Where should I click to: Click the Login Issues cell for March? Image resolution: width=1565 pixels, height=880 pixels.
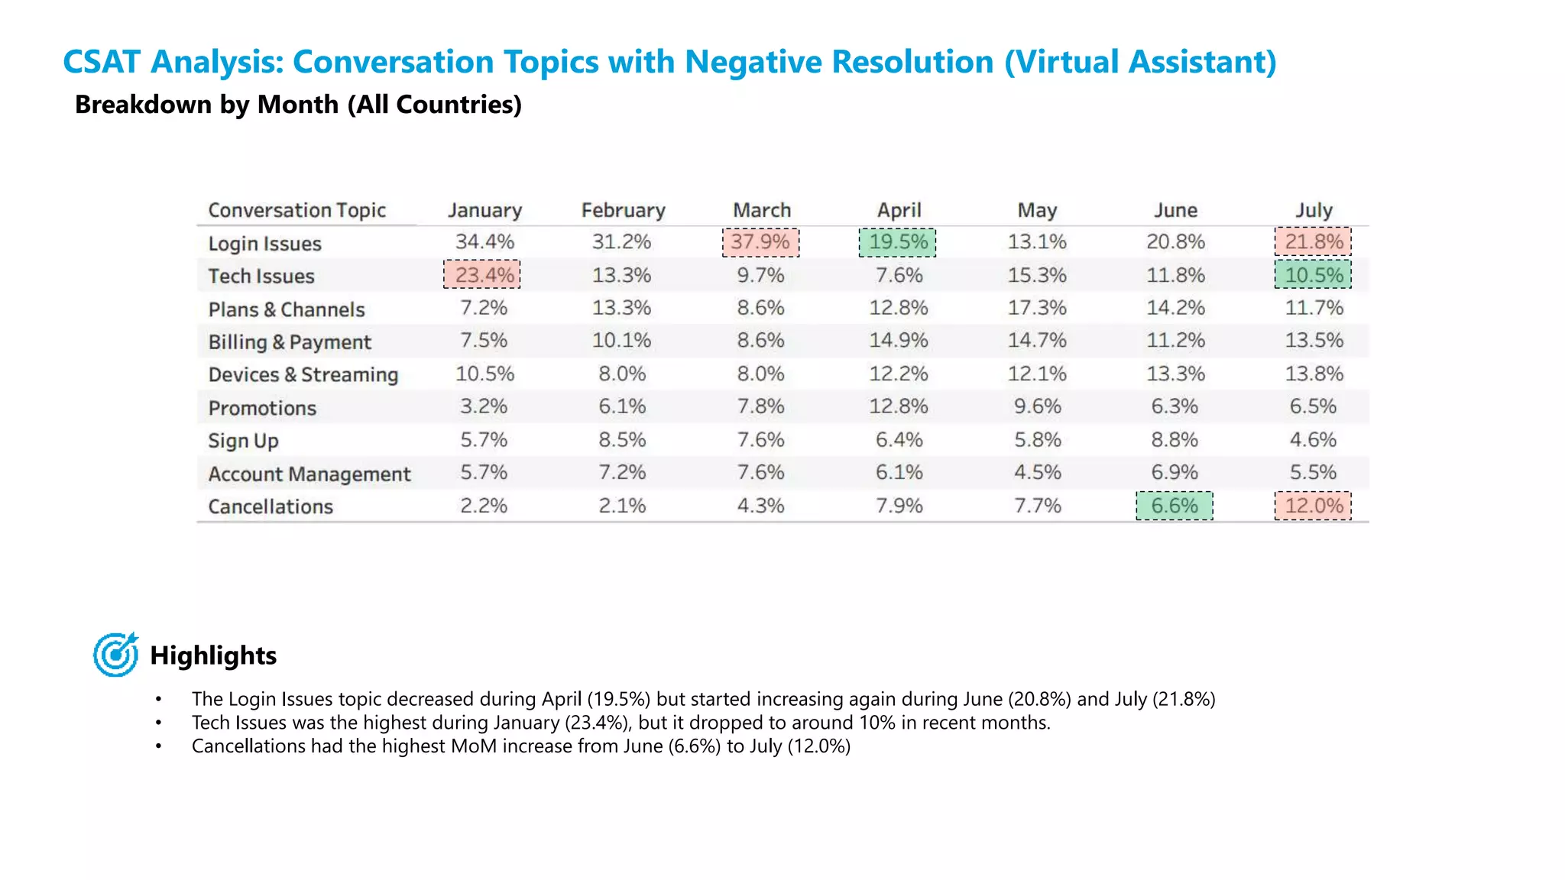point(760,242)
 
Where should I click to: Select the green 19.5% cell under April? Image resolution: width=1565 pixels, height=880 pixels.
point(898,242)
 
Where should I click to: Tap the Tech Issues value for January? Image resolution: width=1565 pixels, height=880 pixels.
point(483,275)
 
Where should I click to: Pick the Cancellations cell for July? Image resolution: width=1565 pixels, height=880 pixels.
point(1313,506)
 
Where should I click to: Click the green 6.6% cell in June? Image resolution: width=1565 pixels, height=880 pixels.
point(1175,506)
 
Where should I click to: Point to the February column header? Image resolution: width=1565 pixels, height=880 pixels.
point(623,210)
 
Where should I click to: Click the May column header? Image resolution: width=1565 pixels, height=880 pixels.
point(1037,210)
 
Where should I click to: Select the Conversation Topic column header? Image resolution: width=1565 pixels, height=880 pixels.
point(296,210)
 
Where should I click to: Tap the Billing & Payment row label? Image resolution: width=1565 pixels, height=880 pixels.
point(290,341)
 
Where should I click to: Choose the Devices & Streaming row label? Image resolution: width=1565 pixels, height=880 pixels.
point(303,374)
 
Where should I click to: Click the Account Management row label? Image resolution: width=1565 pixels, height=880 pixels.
point(309,474)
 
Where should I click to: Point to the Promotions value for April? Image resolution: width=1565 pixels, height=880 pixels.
point(898,406)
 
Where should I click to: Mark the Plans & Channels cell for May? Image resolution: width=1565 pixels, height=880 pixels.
point(1037,308)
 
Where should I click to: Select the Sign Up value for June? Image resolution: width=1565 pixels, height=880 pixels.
point(1175,440)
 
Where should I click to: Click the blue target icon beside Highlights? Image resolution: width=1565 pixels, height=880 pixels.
point(115,655)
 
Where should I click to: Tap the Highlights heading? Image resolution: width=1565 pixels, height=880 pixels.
point(213,655)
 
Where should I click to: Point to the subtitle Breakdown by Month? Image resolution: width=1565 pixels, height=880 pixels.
point(298,105)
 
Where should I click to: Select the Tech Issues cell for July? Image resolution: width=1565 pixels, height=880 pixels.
point(1313,275)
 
